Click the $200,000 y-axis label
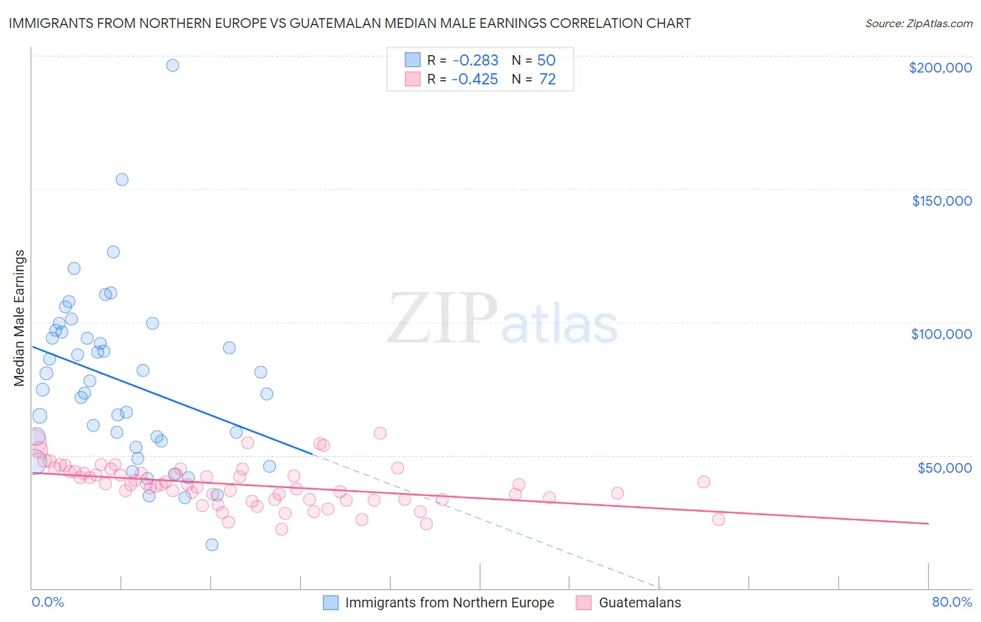point(940,68)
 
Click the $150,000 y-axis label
point(941,201)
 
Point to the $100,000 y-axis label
point(941,334)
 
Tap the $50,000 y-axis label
point(944,467)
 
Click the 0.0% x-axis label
point(47,602)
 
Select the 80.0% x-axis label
point(952,602)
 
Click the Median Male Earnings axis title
point(20,318)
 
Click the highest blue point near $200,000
point(172,66)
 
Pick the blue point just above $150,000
point(122,179)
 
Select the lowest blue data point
point(212,545)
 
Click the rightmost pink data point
point(719,519)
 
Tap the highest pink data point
point(380,433)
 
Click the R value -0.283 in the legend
point(474,61)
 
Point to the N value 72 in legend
point(547,79)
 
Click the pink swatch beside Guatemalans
point(584,602)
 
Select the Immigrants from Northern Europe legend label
point(449,602)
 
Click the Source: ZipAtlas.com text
point(918,24)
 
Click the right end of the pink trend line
point(928,523)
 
